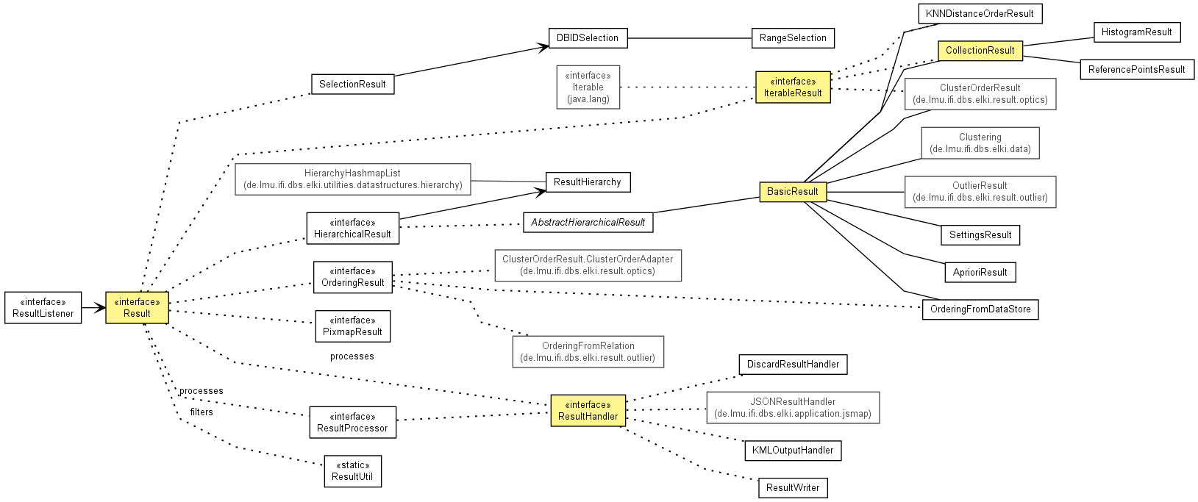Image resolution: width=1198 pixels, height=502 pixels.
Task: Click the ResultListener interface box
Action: click(x=43, y=307)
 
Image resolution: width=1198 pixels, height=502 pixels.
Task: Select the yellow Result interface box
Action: click(x=138, y=307)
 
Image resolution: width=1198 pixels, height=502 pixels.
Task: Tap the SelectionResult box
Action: click(x=353, y=84)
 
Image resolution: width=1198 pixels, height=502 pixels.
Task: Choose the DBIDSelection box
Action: click(x=588, y=38)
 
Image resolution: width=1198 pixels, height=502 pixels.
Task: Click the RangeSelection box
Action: click(x=793, y=38)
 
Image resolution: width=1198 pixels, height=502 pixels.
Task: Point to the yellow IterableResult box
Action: click(x=793, y=87)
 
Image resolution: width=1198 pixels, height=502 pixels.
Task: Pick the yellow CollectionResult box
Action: click(x=980, y=51)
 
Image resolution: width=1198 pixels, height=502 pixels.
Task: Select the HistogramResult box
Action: click(x=1137, y=32)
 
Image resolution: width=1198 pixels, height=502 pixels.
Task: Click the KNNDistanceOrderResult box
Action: click(x=980, y=13)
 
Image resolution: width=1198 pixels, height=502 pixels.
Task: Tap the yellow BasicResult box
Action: click(x=793, y=191)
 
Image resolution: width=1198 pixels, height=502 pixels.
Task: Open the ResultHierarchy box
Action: click(x=588, y=182)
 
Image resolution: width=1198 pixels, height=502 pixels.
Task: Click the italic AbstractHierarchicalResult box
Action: click(x=588, y=222)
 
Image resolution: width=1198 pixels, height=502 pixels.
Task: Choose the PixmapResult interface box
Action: click(x=353, y=326)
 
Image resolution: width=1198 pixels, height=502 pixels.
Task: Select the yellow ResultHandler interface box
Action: click(x=588, y=411)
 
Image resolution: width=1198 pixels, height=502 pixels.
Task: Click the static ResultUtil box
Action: click(x=353, y=471)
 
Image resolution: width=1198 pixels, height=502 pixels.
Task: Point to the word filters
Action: click(x=202, y=412)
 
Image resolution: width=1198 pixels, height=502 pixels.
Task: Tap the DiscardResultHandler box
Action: click(x=793, y=364)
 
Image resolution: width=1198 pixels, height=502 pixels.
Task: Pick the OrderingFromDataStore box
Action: click(x=980, y=309)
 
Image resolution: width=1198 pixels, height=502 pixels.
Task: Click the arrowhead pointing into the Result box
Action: click(x=101, y=307)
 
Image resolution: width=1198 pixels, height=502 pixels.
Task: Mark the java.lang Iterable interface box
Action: click(x=588, y=87)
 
